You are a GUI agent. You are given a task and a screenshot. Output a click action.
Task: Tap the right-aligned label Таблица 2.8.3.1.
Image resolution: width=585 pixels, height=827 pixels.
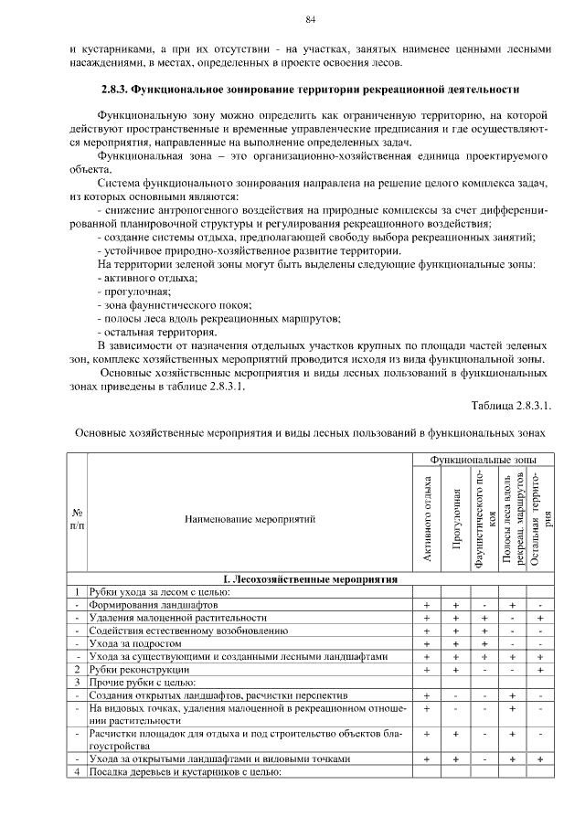512,403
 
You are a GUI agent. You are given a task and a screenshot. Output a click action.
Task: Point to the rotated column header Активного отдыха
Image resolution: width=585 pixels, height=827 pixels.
426,519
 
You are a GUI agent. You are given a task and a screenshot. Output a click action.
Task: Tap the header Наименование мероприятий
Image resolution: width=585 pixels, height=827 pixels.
250,519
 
